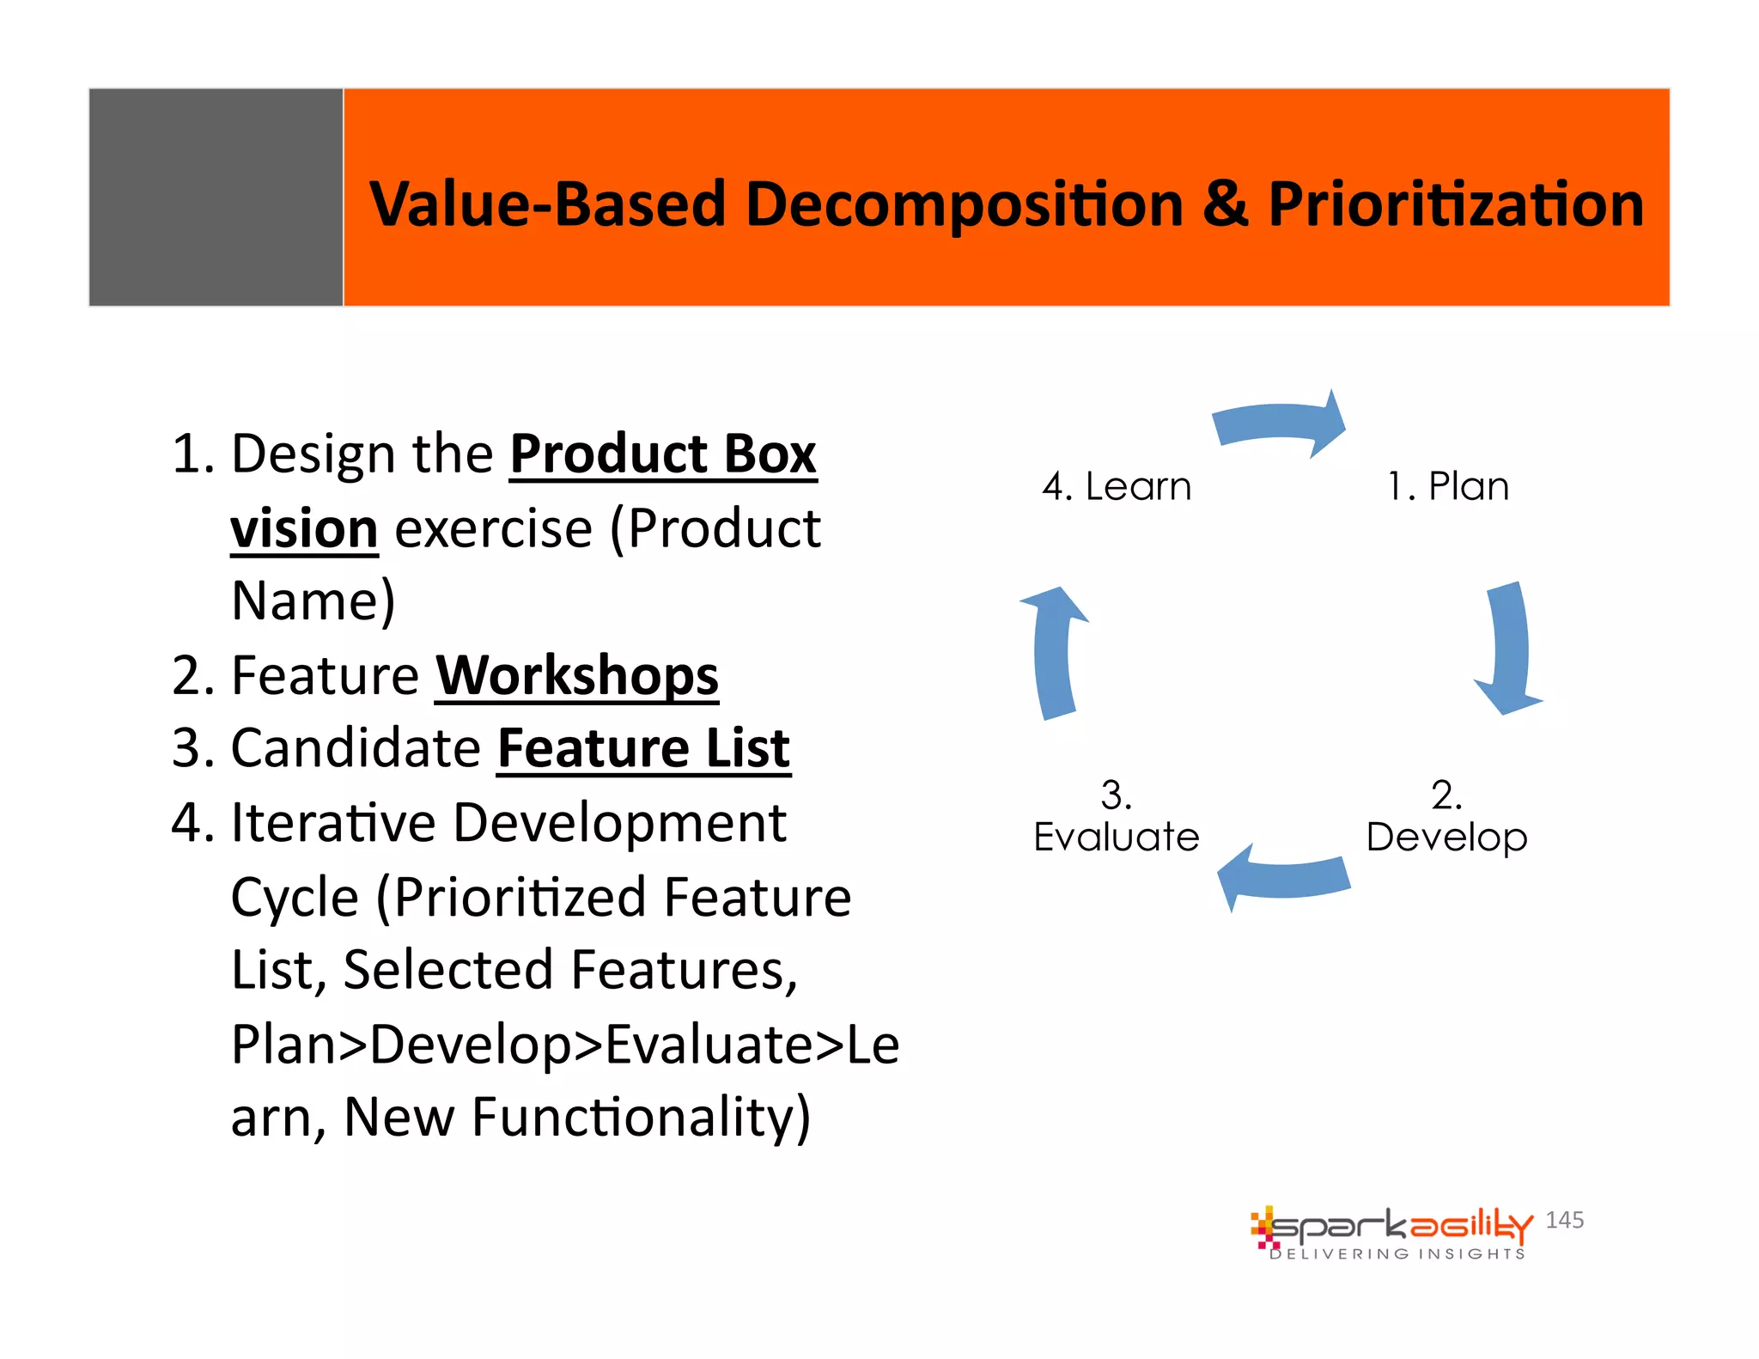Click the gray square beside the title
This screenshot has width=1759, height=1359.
tap(216, 197)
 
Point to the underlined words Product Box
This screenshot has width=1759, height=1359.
tap(662, 454)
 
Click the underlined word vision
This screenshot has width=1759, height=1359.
tap(304, 529)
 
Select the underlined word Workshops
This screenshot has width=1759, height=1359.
tap(576, 676)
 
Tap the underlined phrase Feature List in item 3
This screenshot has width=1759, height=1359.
tap(643, 748)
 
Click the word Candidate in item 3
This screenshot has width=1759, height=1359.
tap(356, 748)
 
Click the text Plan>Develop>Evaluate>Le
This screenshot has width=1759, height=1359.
tap(564, 1045)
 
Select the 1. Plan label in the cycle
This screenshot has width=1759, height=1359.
tap(1448, 486)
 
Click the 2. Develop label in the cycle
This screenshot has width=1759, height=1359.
tap(1446, 817)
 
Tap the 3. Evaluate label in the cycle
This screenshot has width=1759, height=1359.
tap(1116, 817)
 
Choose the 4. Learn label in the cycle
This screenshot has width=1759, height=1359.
tap(1117, 486)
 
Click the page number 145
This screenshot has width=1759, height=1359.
tap(1564, 1220)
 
